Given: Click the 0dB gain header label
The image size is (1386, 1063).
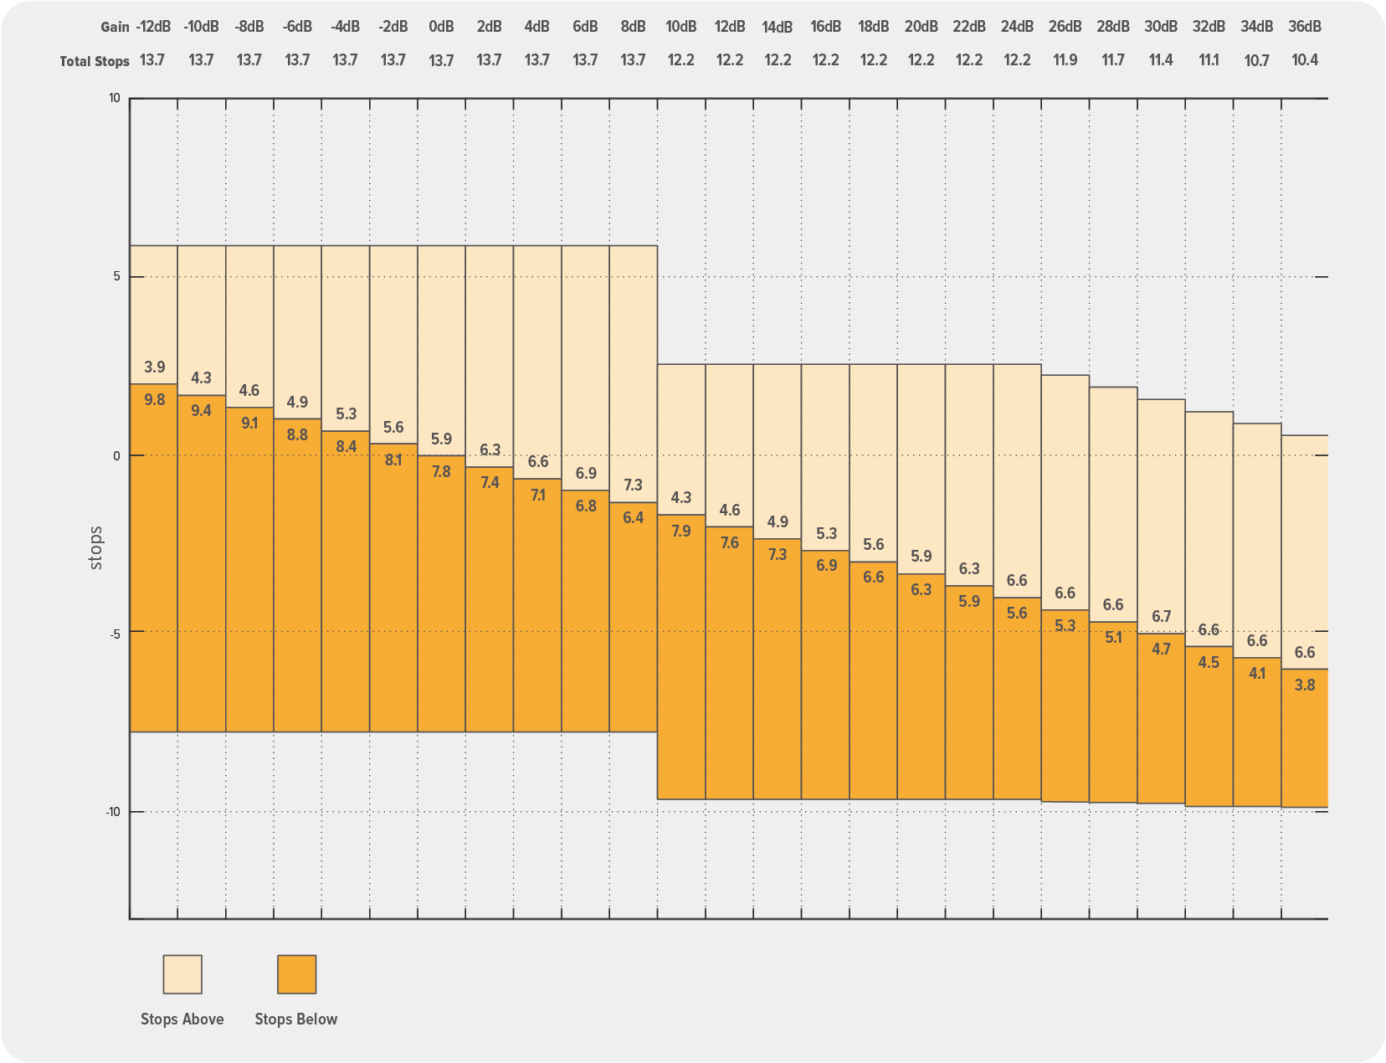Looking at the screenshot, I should [441, 27].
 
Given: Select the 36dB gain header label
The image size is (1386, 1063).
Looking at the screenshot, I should [1305, 27].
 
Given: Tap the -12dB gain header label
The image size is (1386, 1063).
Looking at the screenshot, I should [153, 27].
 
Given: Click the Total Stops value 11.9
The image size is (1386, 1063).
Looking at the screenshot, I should [1065, 60].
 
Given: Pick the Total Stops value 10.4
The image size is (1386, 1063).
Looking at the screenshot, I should [1305, 60].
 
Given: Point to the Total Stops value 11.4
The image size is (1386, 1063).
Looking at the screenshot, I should [1161, 60].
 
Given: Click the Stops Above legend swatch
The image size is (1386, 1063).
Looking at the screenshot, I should [182, 974].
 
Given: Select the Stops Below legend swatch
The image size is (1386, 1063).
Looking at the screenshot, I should [296, 974].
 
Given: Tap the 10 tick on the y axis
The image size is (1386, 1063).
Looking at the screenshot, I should [115, 99].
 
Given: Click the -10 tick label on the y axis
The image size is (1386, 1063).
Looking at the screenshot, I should [112, 812].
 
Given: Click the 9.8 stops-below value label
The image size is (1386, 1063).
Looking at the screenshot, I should [154, 400].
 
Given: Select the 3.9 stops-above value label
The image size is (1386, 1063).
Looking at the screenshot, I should [154, 367].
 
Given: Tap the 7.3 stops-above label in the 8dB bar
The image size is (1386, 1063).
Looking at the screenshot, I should [634, 485].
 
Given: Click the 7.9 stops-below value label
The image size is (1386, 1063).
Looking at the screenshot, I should [681, 531].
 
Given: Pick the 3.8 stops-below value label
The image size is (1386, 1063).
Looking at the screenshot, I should [1305, 686].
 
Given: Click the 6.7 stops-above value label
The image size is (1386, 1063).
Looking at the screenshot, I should [1161, 617].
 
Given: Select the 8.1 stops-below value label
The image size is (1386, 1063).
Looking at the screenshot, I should [393, 460].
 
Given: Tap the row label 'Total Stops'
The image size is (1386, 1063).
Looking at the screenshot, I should [95, 61].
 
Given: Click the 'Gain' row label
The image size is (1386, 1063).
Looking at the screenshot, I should [115, 27].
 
